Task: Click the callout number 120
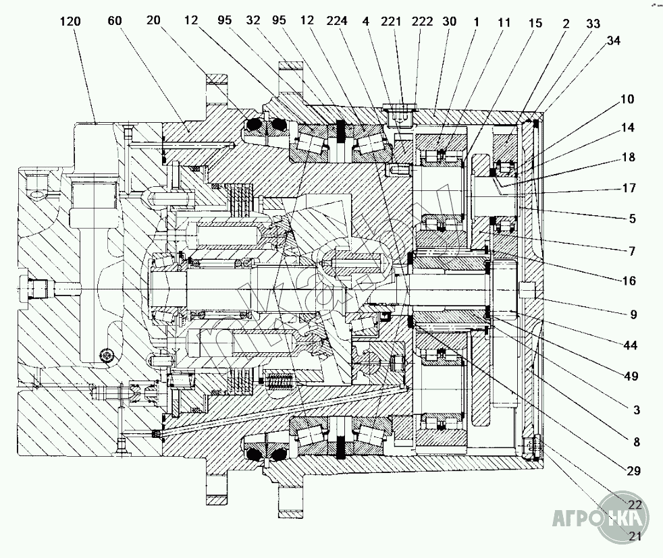tap(70, 22)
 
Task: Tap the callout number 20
tap(153, 22)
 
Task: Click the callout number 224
tap(337, 22)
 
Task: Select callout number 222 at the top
tap(422, 22)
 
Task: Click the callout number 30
tap(449, 22)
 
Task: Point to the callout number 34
tap(614, 40)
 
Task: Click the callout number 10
tap(628, 100)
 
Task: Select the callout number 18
tap(628, 157)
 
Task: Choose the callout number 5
tap(632, 218)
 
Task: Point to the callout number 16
tap(628, 281)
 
